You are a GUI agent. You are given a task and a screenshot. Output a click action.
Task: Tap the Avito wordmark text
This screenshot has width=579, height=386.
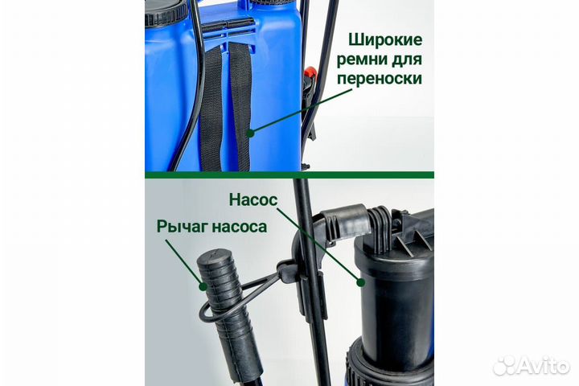click(x=540, y=366)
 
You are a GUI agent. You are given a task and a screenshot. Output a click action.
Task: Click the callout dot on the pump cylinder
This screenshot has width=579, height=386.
click(x=361, y=281)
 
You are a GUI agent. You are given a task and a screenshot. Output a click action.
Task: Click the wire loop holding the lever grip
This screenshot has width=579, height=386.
click(x=241, y=289)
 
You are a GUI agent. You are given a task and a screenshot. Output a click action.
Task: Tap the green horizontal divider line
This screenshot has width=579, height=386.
click(x=289, y=174)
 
